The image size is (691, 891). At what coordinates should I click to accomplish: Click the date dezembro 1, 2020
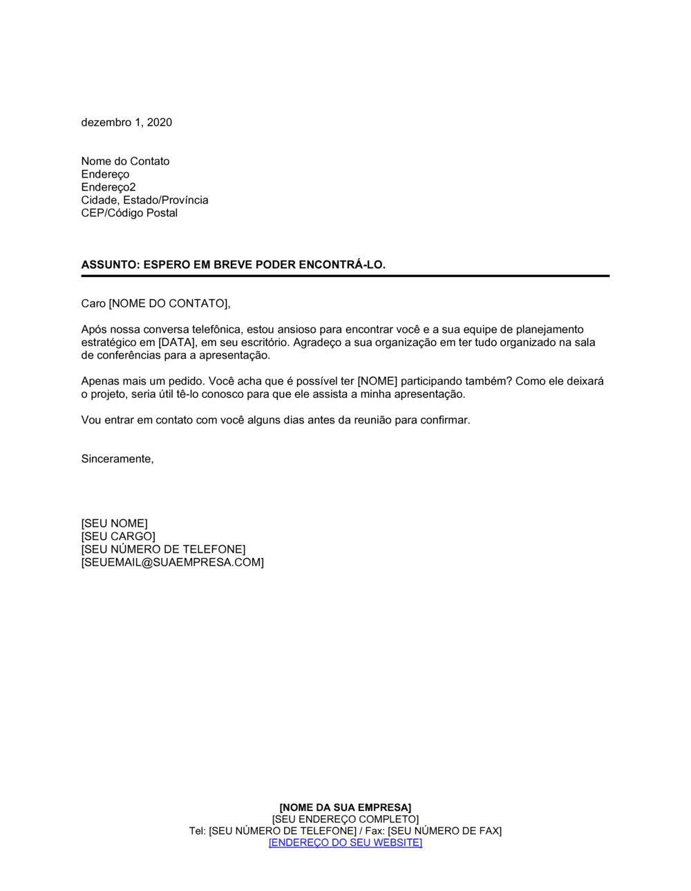126,122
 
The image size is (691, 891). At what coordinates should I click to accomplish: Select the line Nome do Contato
125,161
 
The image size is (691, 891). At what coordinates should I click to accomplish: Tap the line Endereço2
108,187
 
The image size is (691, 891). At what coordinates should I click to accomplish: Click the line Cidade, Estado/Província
144,200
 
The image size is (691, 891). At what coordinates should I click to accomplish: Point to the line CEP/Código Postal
129,213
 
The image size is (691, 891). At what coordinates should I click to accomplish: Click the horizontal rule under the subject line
345,276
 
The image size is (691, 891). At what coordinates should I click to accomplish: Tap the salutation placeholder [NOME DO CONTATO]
169,304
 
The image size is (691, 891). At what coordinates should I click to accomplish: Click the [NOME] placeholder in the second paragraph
377,381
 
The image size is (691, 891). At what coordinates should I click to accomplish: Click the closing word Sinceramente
117,459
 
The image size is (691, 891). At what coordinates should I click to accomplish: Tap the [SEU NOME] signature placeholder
115,524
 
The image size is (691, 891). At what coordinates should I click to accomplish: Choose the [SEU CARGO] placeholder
118,537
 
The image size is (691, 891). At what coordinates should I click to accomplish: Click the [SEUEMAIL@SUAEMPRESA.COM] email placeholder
173,563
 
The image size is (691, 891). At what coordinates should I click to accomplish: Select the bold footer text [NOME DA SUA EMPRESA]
345,807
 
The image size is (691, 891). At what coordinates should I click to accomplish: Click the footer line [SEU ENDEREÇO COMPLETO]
345,819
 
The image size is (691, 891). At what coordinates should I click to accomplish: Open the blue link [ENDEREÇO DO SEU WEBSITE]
345,843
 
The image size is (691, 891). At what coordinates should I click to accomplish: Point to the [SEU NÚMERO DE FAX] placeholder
444,831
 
